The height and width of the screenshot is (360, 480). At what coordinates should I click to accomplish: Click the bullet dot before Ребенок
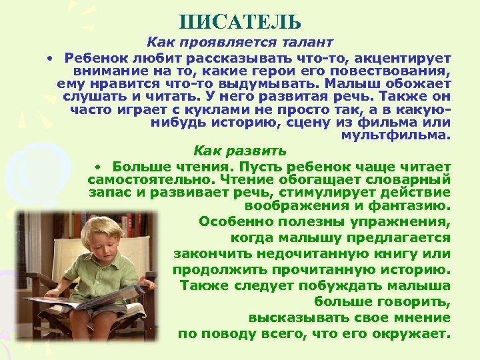49,58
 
